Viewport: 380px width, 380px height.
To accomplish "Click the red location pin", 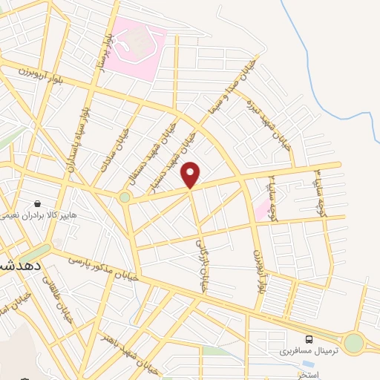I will (x=191, y=175).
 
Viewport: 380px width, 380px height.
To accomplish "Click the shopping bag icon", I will (x=37, y=203).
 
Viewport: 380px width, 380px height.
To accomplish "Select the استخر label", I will (x=308, y=375).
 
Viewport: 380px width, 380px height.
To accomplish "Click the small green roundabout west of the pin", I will (x=125, y=197).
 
